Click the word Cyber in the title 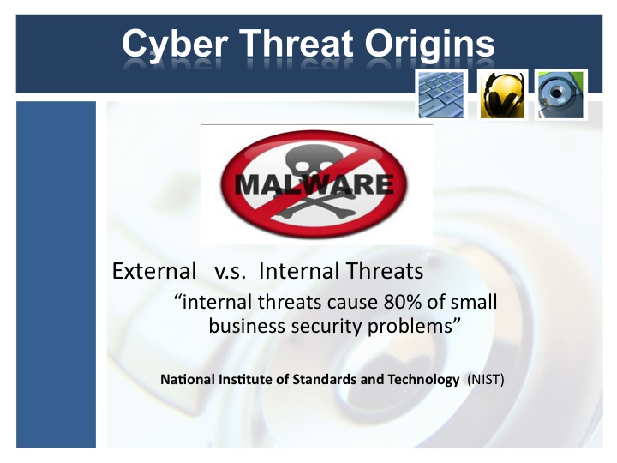175,45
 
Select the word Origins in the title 429,45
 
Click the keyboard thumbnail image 441,94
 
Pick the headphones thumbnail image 502,94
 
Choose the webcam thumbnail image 560,94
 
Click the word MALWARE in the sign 314,184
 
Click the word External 154,271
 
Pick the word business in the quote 247,326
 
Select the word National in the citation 188,380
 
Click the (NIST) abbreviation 486,380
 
